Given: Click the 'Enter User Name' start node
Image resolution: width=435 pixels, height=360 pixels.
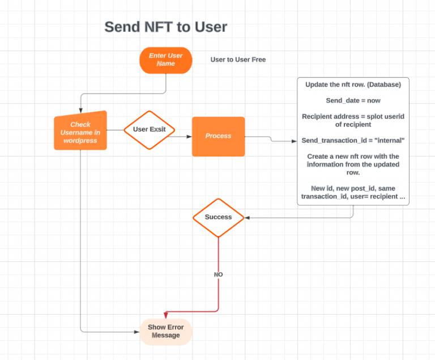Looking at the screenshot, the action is point(165,60).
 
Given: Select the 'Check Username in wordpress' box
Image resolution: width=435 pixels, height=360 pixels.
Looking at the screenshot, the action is point(80,130).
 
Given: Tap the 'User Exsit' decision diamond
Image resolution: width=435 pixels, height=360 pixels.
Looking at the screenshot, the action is point(150,130).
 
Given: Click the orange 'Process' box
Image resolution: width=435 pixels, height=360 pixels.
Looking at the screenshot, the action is point(218,137).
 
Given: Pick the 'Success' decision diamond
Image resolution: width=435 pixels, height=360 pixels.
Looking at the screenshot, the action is point(218,218).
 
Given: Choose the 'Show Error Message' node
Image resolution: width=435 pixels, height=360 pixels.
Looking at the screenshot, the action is point(165,332).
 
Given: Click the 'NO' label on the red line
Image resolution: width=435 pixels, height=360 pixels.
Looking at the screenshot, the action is point(218,274).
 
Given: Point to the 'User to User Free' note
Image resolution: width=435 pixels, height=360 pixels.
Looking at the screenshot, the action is point(238,60).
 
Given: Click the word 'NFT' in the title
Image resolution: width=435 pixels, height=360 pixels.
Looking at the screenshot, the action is point(159,27).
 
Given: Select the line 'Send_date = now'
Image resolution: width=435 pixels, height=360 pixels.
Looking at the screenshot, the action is point(353,100).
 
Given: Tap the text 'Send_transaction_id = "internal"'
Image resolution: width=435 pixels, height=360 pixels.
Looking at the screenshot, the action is point(353,141).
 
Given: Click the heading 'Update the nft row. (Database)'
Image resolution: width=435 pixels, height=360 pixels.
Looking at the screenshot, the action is point(353,84).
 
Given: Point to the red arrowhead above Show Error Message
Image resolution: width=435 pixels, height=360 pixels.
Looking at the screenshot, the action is point(165,315).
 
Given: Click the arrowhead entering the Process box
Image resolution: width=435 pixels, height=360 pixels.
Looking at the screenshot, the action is point(189,137).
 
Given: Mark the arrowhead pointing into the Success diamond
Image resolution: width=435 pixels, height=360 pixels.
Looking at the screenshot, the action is point(247,218).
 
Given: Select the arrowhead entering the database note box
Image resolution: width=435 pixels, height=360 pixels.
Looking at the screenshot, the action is point(294,141).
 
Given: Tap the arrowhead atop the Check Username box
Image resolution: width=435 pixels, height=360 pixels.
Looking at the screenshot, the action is point(81,111).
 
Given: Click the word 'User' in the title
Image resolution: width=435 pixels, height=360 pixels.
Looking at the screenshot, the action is point(211,27).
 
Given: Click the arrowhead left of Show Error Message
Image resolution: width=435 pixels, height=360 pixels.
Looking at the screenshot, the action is point(137,332).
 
